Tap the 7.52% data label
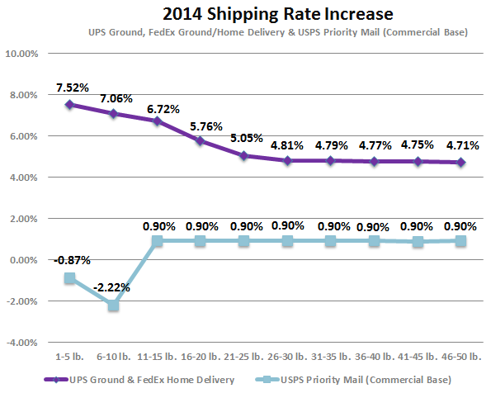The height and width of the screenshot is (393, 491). (x=72, y=88)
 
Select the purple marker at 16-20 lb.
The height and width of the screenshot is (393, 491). (x=201, y=140)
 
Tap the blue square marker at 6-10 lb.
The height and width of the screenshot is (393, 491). (x=112, y=305)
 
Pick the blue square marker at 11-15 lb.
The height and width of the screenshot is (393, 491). (x=157, y=241)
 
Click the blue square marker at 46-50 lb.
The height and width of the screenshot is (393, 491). (x=461, y=241)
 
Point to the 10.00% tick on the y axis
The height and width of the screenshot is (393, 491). (x=22, y=54)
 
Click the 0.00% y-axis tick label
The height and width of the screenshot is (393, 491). (x=24, y=260)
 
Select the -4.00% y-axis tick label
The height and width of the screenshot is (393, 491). (x=22, y=343)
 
